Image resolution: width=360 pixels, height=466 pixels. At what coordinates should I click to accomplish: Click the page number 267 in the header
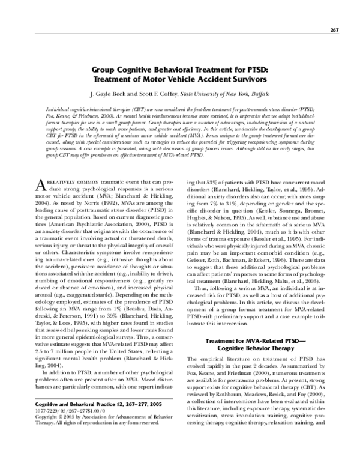pyautogui.click(x=335, y=31)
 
